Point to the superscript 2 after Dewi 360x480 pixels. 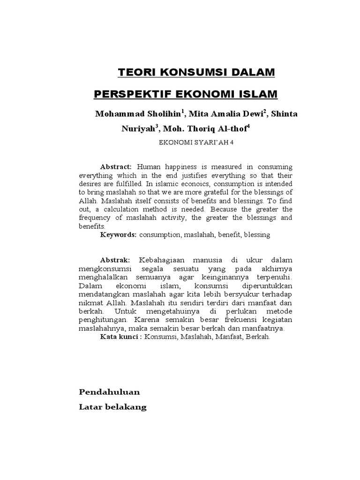point(252,112)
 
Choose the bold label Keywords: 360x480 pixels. point(119,234)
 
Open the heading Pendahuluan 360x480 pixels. point(109,391)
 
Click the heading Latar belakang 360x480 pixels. point(112,407)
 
